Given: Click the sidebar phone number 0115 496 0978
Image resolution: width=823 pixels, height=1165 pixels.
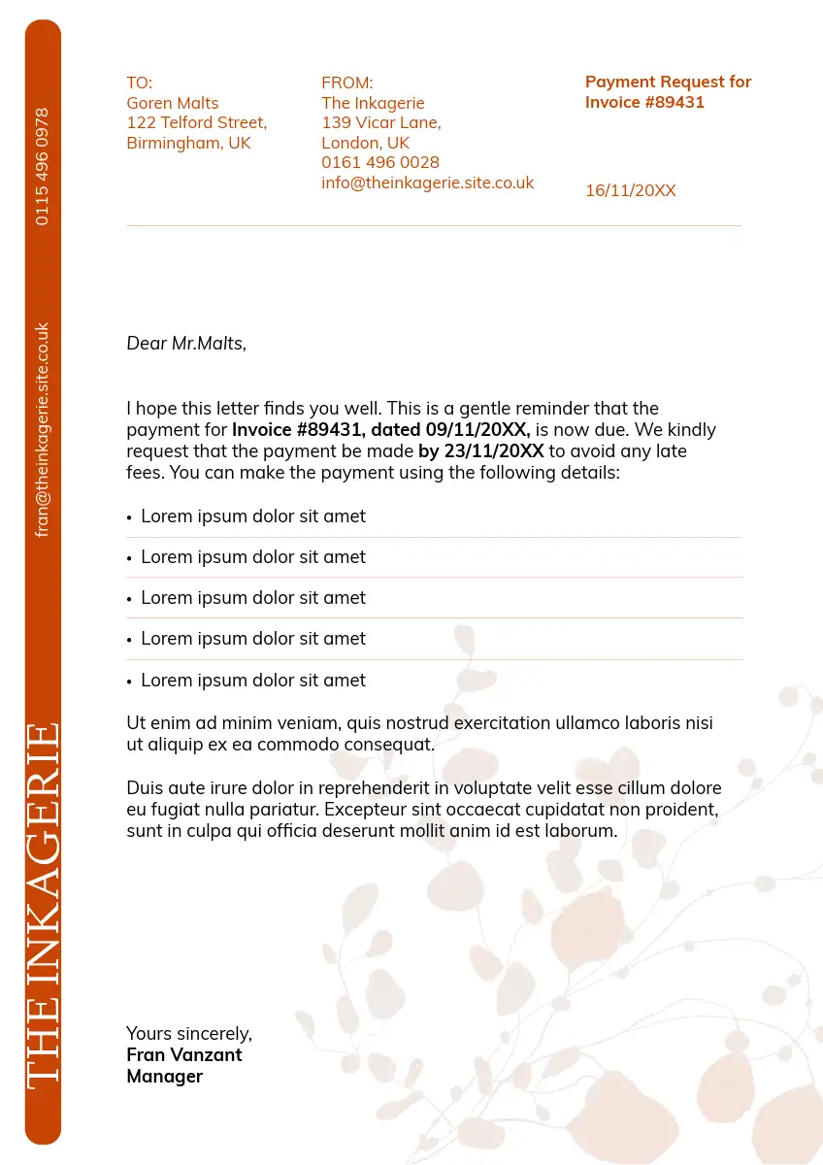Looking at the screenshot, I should (42, 166).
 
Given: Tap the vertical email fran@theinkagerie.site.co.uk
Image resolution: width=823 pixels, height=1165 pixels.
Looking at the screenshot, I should (42, 429).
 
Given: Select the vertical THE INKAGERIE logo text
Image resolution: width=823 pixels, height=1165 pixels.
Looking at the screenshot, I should (43, 905).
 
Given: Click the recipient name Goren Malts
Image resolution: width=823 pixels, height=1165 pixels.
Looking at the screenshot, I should (173, 103).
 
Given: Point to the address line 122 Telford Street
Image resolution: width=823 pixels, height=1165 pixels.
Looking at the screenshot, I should (196, 122).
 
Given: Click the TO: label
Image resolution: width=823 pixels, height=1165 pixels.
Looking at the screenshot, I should (140, 83).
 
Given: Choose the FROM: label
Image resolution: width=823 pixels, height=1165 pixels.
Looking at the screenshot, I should (346, 83).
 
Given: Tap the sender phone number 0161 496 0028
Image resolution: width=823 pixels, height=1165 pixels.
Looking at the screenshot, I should (380, 162).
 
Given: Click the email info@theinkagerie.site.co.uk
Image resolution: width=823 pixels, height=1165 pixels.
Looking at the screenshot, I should (427, 183).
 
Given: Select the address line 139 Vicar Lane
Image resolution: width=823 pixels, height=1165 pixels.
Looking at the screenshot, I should (380, 122).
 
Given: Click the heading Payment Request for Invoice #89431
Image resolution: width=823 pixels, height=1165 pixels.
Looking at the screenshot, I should (668, 92).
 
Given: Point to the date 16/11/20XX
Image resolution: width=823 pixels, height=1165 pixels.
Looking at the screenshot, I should (630, 190).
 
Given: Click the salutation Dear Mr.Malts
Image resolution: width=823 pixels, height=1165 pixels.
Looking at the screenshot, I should (186, 343).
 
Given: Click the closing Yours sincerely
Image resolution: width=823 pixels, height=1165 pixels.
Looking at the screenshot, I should (189, 1033).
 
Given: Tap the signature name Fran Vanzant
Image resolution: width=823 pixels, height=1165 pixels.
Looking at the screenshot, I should (184, 1054).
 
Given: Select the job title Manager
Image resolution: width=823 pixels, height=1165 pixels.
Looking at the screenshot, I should (165, 1076).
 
